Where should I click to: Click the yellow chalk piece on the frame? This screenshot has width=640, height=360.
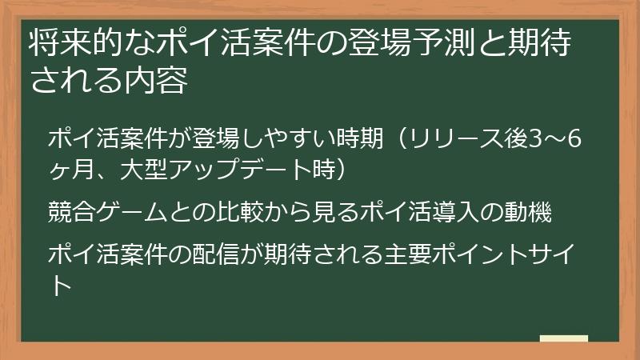pyautogui.click(x=563, y=339)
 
